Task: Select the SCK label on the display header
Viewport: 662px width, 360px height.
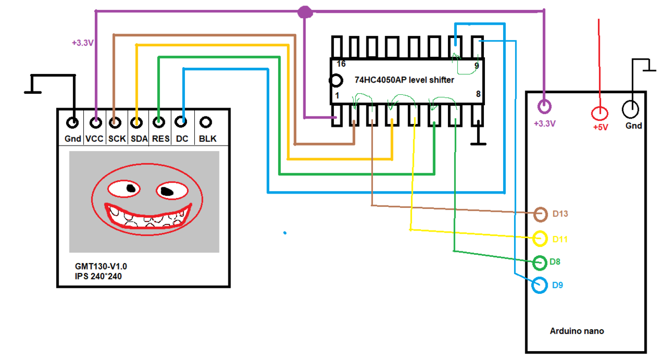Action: [x=117, y=139]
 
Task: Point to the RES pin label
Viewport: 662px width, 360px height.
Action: [x=161, y=139]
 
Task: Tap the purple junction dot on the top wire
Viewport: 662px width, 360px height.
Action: [x=305, y=12]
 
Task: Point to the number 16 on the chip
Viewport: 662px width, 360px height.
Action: [x=341, y=64]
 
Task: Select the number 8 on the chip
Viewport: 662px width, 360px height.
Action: [x=478, y=94]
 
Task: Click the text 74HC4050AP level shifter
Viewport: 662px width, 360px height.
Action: [x=404, y=80]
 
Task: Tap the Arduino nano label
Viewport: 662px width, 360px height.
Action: [x=577, y=331]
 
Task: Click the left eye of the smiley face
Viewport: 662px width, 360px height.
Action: [x=124, y=189]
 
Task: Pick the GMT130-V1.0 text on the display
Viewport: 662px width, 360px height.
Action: [x=101, y=266]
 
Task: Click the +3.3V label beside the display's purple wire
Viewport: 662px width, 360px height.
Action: [x=83, y=43]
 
